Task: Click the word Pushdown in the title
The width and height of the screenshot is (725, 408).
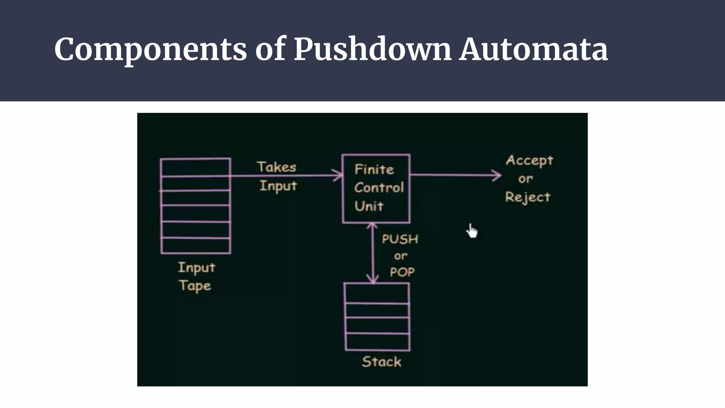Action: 372,49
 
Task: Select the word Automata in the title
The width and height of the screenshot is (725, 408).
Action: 533,49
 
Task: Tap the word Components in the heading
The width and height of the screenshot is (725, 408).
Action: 150,49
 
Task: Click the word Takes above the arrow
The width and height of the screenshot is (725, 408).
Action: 276,167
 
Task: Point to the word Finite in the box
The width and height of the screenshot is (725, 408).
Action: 374,169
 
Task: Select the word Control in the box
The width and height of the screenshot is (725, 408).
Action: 379,187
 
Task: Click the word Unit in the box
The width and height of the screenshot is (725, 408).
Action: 369,206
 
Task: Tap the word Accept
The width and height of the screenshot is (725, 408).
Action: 529,160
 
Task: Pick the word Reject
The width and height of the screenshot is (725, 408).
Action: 528,197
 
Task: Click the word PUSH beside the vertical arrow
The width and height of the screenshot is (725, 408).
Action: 400,239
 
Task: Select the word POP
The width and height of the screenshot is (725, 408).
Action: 402,272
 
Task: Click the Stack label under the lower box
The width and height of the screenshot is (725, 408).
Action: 382,362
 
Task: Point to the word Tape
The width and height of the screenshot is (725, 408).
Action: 195,285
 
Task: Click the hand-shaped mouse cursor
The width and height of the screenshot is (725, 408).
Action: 472,231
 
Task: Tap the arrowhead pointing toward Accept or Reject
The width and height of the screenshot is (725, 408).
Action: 497,175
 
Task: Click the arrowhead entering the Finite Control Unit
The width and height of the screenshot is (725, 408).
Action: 339,175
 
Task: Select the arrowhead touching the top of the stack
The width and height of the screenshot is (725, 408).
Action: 373,280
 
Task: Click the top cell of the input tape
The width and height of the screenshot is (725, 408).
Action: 195,167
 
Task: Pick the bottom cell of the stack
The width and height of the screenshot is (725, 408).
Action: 377,342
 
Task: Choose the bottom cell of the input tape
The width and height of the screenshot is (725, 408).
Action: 195,245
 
